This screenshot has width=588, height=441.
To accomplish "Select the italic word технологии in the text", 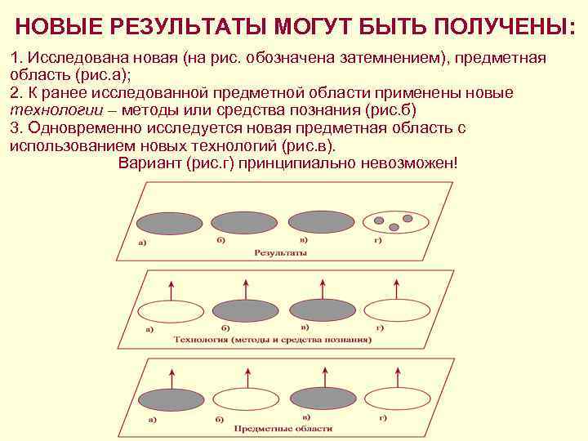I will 51,111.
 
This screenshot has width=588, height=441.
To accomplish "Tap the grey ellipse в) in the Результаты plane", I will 322,223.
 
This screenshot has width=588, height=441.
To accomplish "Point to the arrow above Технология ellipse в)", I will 323,287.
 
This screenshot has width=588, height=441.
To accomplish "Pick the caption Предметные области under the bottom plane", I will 283,427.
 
